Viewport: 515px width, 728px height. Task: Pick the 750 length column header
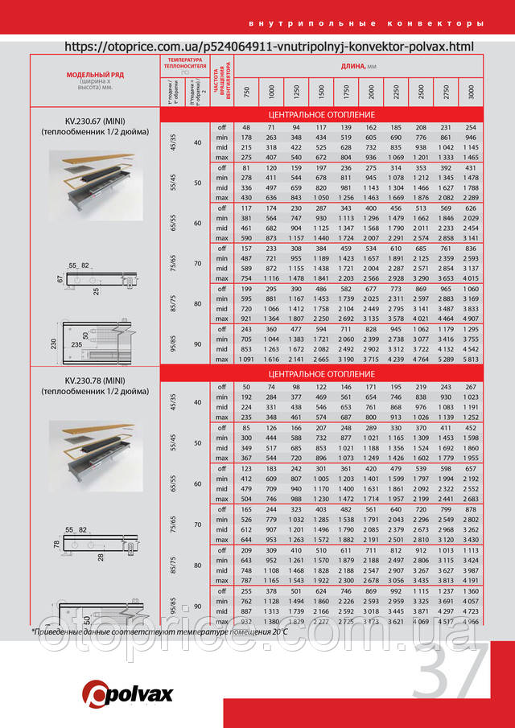click(x=247, y=91)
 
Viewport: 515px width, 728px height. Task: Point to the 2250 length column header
click(x=396, y=91)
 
